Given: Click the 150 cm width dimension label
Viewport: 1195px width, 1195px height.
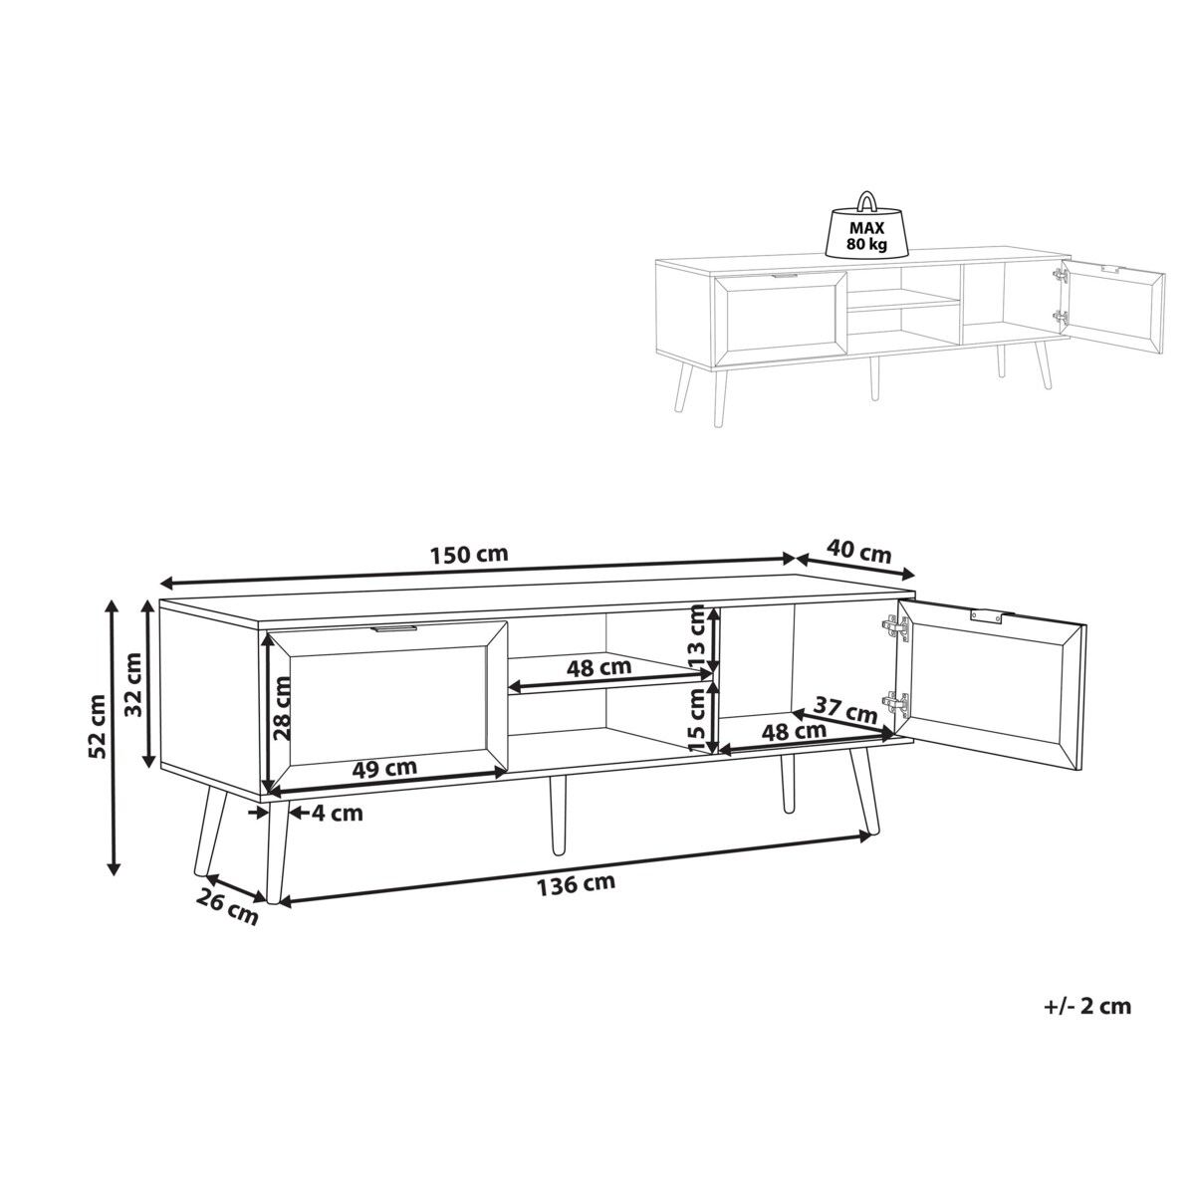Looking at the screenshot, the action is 469,554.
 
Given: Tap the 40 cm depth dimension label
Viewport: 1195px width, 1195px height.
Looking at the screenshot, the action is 858,552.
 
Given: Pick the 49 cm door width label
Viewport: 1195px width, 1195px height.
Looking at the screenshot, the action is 384,768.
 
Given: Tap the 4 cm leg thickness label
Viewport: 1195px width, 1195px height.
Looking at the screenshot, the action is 337,813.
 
